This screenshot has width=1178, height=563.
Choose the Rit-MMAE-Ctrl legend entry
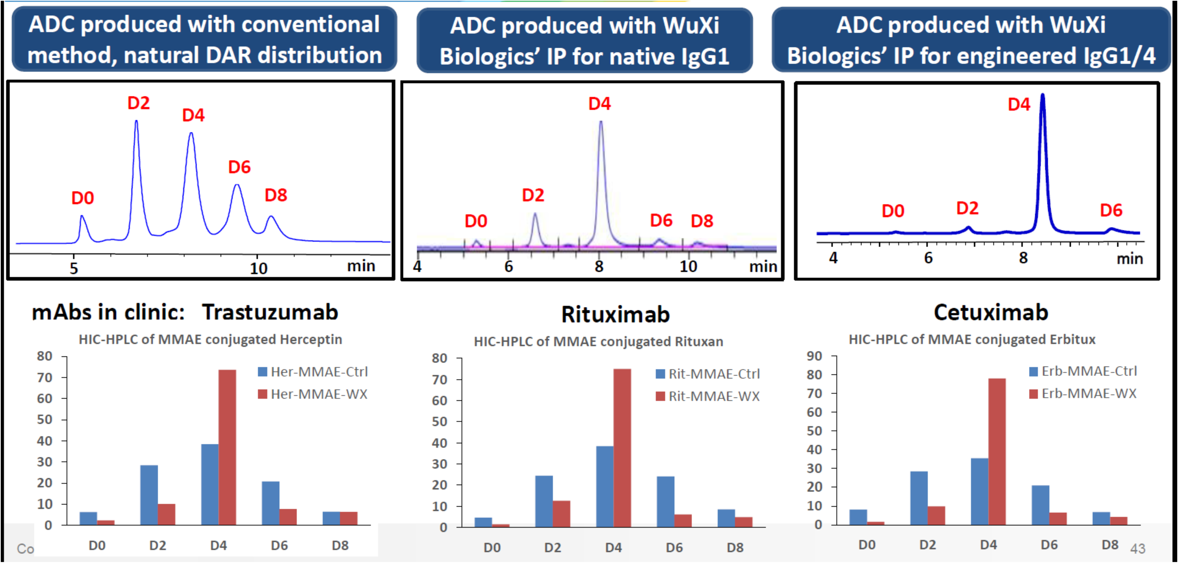pos(708,374)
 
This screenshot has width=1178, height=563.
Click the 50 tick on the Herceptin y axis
pos(44,419)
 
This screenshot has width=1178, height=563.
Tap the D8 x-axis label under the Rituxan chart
pos(735,548)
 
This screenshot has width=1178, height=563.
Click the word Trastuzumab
pos(270,312)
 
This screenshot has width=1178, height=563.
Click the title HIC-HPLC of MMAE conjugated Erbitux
pos(972,339)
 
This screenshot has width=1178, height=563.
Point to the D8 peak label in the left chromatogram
pos(276,195)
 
